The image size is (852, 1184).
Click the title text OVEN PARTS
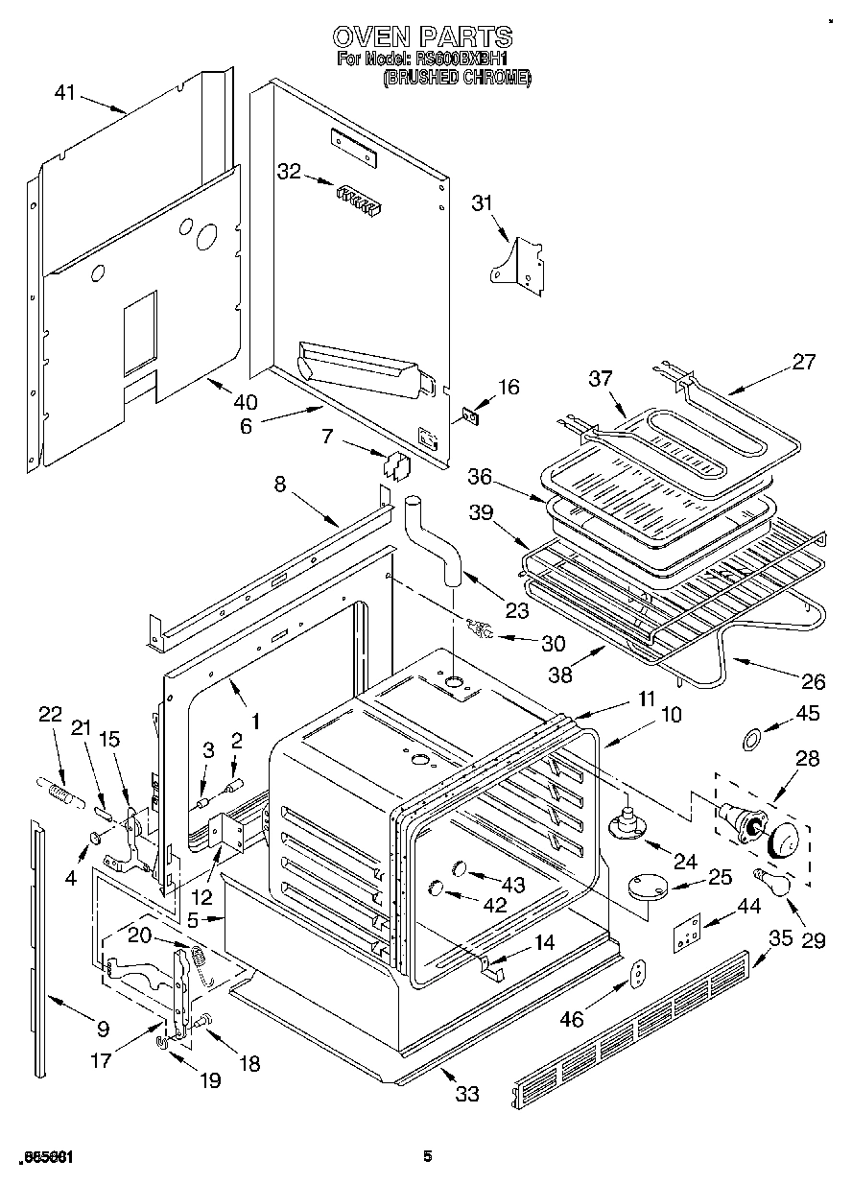click(422, 37)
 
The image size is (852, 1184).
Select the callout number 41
click(64, 93)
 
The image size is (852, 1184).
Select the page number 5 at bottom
click(428, 1157)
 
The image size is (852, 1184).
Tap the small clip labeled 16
click(470, 414)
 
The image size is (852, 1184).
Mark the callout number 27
click(803, 362)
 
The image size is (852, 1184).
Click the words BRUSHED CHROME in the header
click(456, 79)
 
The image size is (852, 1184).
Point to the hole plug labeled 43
click(459, 868)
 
